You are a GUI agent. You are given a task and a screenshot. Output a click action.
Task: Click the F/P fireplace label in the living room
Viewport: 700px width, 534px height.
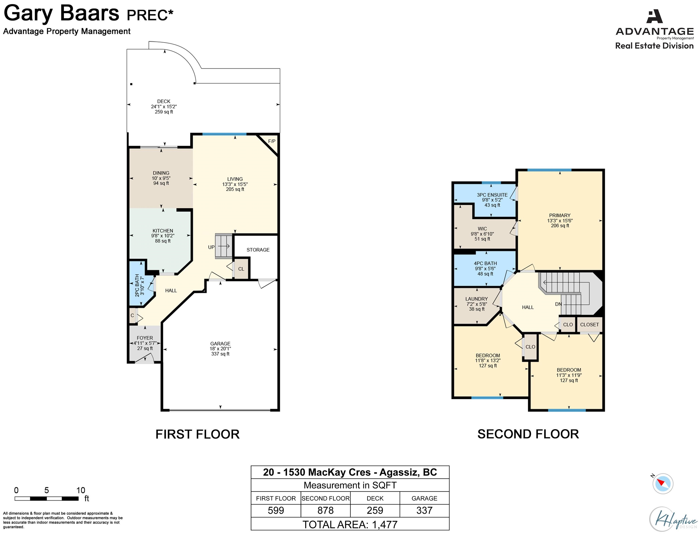tap(271, 141)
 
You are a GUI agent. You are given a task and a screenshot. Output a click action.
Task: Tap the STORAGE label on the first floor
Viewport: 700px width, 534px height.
tap(258, 250)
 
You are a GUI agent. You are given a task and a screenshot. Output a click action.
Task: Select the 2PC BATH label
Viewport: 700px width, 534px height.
tap(137, 286)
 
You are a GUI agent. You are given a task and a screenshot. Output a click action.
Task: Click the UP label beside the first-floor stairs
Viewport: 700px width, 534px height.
tap(211, 247)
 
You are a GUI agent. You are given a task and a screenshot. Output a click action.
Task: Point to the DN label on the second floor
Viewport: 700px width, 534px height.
tap(558, 304)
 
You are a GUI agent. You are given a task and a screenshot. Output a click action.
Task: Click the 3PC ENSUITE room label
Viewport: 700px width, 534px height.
tap(492, 195)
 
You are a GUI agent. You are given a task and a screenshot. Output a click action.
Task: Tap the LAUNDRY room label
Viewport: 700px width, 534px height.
tap(476, 299)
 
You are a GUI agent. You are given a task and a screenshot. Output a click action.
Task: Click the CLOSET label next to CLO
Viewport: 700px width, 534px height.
tap(590, 324)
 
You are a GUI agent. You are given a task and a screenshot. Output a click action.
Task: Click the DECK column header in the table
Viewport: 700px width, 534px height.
tap(375, 498)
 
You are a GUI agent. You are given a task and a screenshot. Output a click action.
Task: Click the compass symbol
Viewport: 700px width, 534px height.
tap(663, 484)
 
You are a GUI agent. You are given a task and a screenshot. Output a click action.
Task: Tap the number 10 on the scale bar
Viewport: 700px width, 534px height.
tap(81, 490)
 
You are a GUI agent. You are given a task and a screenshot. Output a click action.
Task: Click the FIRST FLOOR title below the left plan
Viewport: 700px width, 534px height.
tap(198, 434)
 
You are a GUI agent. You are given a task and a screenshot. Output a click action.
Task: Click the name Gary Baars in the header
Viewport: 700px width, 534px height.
tap(61, 13)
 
